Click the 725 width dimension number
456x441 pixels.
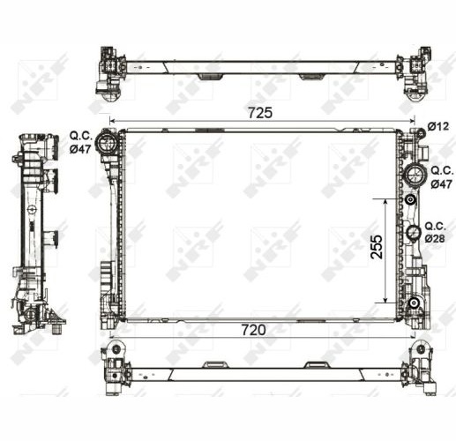click(260, 113)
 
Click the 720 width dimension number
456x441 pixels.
click(253, 330)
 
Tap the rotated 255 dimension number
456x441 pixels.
click(377, 247)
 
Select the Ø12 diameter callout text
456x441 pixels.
click(438, 126)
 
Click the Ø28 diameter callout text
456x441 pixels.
click(435, 239)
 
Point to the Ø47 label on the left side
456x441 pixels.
click(80, 149)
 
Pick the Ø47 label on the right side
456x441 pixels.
click(441, 184)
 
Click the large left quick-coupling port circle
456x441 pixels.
click(108, 142)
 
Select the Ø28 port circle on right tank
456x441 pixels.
click(414, 233)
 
